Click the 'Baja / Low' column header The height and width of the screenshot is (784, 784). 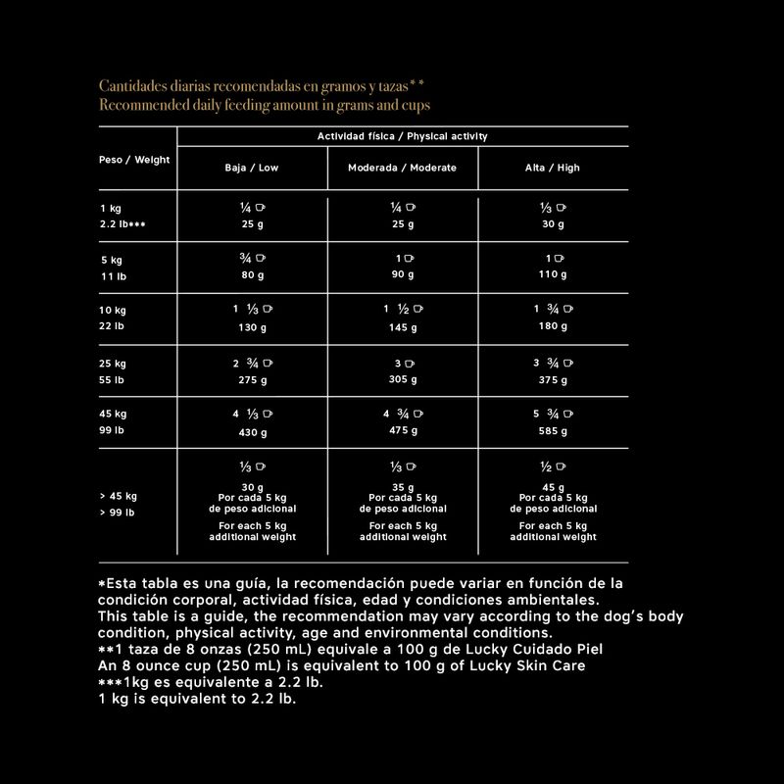point(252,168)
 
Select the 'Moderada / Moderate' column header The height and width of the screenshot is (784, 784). point(402,168)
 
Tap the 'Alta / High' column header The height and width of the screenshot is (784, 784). point(553,168)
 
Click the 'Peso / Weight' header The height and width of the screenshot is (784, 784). point(134,159)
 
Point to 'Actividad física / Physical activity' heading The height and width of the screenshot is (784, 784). point(402,136)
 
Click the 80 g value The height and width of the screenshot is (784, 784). point(252,275)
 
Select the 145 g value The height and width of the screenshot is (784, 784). point(402,327)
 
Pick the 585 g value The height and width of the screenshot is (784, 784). point(553,430)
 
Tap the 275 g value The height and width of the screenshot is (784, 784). point(252,379)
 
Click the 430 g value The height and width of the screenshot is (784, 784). point(252,431)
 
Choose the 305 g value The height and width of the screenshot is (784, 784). point(402,379)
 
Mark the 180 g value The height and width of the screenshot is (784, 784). point(553,327)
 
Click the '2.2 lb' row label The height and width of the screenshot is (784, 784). point(122,224)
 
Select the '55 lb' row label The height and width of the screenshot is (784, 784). point(112,379)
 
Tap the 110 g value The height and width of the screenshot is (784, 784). point(553,275)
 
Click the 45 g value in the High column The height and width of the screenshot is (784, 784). point(553,487)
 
